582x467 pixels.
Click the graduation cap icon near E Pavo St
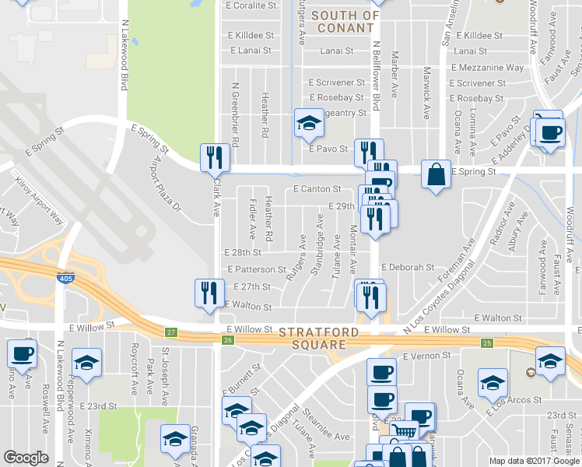308,122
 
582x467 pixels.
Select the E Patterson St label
258,269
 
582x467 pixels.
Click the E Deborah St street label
407,267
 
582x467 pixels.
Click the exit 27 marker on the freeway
170,333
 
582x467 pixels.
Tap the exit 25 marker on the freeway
486,343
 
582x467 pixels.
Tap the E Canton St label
317,189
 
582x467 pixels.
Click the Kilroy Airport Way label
40,202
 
